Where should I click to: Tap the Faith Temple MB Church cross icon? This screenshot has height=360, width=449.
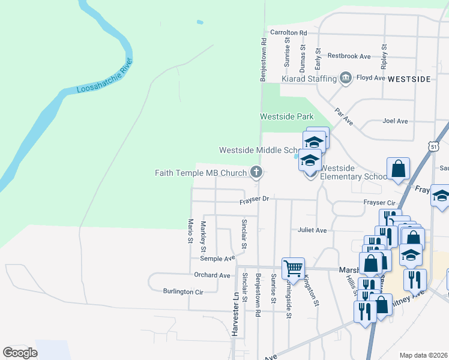click(x=256, y=173)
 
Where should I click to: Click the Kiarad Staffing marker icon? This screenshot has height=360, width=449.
click(x=345, y=78)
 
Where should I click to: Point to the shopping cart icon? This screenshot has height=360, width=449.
click(x=293, y=268)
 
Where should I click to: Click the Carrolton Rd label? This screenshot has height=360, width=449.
click(x=289, y=32)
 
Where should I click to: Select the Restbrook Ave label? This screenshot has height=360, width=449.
click(x=349, y=56)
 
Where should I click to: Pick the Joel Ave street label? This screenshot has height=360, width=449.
click(x=396, y=121)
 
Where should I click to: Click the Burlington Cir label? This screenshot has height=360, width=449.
click(x=184, y=292)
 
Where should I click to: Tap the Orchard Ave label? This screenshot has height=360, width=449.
click(x=212, y=275)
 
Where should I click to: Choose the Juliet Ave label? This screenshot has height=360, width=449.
click(x=312, y=230)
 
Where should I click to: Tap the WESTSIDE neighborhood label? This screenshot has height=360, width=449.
click(x=409, y=79)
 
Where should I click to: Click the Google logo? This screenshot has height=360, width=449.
click(x=20, y=353)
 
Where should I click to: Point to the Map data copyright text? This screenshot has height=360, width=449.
click(x=424, y=355)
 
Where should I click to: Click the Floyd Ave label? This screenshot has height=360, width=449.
click(x=371, y=78)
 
